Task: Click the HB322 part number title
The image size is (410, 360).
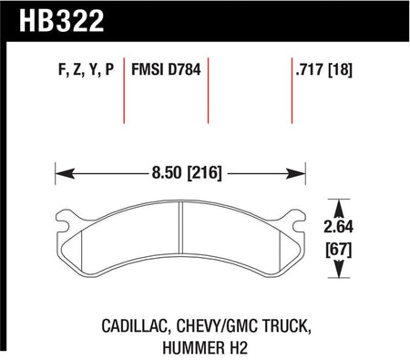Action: (62, 21)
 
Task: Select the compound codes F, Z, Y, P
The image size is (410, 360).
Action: (86, 69)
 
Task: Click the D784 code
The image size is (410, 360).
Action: (184, 69)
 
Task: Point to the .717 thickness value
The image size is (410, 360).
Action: (309, 69)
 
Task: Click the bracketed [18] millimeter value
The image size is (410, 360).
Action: (340, 69)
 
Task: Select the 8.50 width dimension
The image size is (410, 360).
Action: (167, 172)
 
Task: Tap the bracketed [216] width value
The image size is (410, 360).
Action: (205, 173)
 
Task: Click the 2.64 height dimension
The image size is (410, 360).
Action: (339, 227)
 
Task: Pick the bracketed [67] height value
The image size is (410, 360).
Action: (339, 250)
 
